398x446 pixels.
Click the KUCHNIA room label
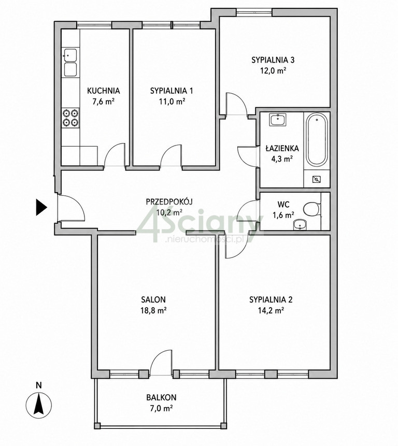[x=103, y=91]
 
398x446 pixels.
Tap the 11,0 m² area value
[x=172, y=101]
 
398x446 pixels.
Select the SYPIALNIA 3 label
[x=273, y=60]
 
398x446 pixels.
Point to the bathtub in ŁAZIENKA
[x=317, y=140]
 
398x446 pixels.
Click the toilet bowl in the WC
[x=312, y=209]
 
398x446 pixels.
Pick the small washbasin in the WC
[x=300, y=225]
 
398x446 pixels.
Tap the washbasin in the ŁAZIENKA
[x=278, y=120]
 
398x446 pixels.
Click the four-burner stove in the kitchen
[x=70, y=118]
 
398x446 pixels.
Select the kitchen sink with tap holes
[x=70, y=63]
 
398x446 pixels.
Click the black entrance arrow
[x=41, y=207]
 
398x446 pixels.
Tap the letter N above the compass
[x=39, y=385]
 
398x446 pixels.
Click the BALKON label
[x=161, y=397]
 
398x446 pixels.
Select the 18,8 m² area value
[x=153, y=310]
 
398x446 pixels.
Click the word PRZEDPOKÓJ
[x=169, y=202]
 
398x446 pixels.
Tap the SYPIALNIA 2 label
[x=271, y=299]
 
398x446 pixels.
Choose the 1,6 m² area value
[x=283, y=215]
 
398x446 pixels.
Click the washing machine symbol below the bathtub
[x=316, y=179]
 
